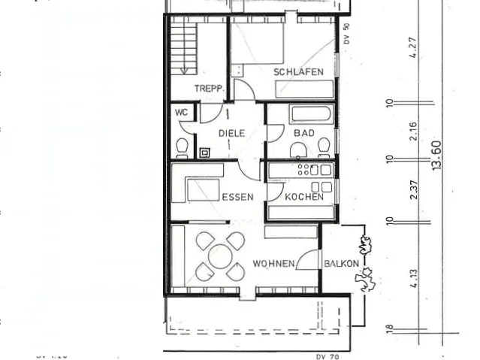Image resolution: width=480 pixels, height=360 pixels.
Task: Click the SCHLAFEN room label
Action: (x=298, y=72)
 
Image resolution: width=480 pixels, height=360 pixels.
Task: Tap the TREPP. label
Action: (x=210, y=89)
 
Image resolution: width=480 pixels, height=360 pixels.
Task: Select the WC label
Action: (x=181, y=112)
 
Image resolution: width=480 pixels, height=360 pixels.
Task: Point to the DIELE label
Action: (x=231, y=133)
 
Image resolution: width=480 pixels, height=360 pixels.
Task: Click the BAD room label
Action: (x=303, y=133)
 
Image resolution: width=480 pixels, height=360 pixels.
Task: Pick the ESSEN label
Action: (x=237, y=197)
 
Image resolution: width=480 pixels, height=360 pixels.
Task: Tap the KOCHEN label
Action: (x=304, y=197)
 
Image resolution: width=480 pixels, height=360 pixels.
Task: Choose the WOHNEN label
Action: (x=273, y=264)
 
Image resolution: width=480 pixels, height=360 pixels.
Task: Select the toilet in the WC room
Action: (x=181, y=146)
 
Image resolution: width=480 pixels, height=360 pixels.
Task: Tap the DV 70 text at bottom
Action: (x=328, y=356)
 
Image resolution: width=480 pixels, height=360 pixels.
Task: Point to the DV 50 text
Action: (x=346, y=35)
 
